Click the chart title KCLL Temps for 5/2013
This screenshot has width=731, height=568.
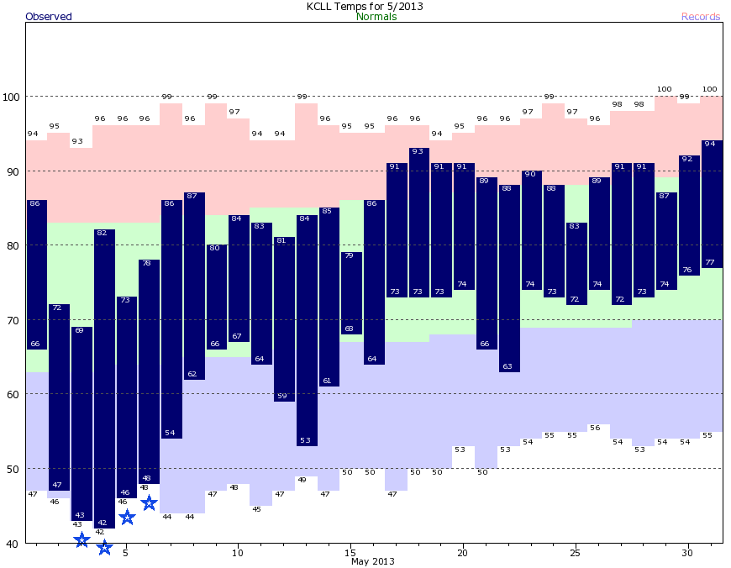(x=364, y=6)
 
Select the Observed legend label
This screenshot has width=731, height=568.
(x=49, y=17)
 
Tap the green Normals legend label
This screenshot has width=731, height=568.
(x=376, y=17)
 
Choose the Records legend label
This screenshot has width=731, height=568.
(x=701, y=17)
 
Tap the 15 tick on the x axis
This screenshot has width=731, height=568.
(x=350, y=553)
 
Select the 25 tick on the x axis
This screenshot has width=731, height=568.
(x=575, y=553)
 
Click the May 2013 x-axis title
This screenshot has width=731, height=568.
(x=372, y=561)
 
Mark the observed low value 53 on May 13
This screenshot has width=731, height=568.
(x=307, y=440)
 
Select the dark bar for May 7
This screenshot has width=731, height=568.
(x=171, y=319)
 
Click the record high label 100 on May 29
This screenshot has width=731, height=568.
(x=665, y=89)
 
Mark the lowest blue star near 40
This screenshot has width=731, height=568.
(x=104, y=548)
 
